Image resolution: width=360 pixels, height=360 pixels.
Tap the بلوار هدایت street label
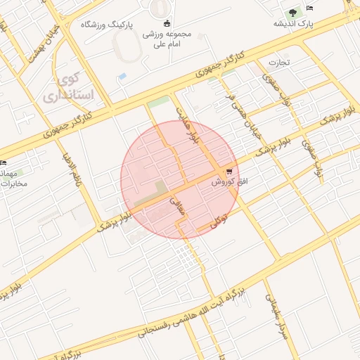click(186, 127)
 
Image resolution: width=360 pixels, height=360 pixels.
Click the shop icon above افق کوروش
click(229, 172)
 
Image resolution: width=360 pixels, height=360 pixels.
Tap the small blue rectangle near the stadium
click(122, 76)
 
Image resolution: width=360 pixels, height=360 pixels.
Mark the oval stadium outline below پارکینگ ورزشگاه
click(131, 49)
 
